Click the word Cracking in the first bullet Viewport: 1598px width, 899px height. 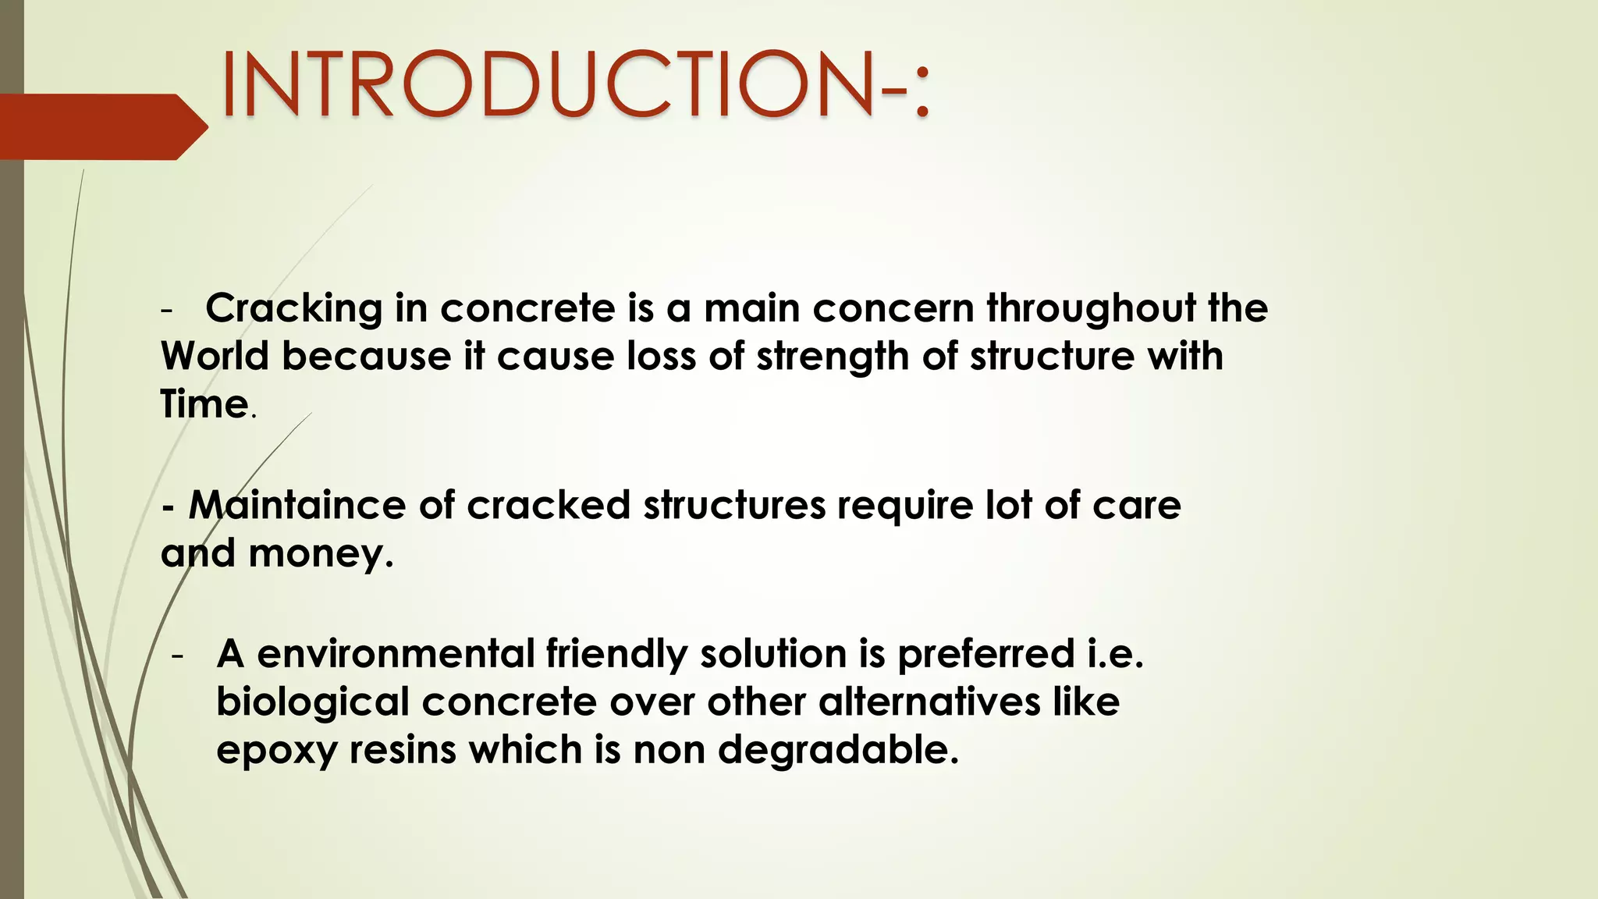pos(293,308)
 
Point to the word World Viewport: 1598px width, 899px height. pos(215,357)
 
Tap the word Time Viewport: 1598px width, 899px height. pos(204,404)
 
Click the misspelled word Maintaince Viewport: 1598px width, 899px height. pos(297,505)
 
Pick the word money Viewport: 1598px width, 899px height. pos(320,553)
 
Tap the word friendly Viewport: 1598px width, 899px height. pos(616,653)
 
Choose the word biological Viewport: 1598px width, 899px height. pos(312,702)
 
